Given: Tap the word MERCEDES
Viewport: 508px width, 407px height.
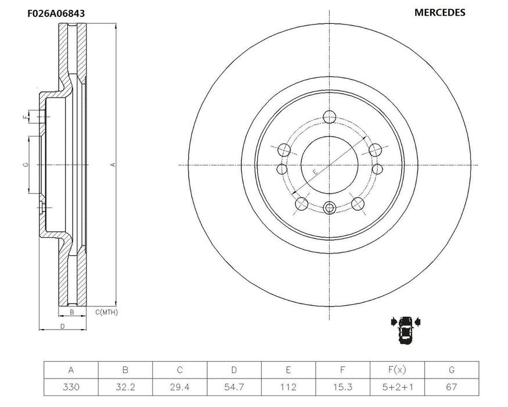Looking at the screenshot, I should point(439,12).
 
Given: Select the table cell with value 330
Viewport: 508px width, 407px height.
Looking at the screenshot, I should point(71,387).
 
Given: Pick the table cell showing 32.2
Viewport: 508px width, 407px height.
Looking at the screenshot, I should point(125,387).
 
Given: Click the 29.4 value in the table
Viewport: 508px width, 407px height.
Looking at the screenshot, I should point(180,387).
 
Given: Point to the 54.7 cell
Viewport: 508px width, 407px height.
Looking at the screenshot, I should point(234,387).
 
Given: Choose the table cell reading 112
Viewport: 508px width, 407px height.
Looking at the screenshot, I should point(289,387).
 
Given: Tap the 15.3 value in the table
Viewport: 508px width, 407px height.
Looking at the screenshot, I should point(343,387).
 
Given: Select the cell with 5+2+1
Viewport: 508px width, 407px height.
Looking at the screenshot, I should point(397,387).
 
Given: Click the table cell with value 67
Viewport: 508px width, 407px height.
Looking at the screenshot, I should point(452,387).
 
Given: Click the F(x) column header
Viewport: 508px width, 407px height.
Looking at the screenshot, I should point(397,370).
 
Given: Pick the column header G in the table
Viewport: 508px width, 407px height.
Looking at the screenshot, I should point(452,370).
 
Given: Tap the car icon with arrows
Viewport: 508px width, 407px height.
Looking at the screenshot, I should point(406,330).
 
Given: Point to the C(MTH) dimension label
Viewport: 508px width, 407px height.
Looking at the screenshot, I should point(106,312).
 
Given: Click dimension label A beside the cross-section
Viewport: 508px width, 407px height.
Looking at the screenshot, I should point(113,165).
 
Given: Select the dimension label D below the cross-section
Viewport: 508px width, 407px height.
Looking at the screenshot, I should point(62,326).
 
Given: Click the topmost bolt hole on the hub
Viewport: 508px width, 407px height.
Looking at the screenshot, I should point(330,115).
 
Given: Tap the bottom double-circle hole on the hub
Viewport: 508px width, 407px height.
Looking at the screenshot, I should point(330,208).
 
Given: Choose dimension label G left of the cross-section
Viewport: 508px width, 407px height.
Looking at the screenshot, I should point(25,165).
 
